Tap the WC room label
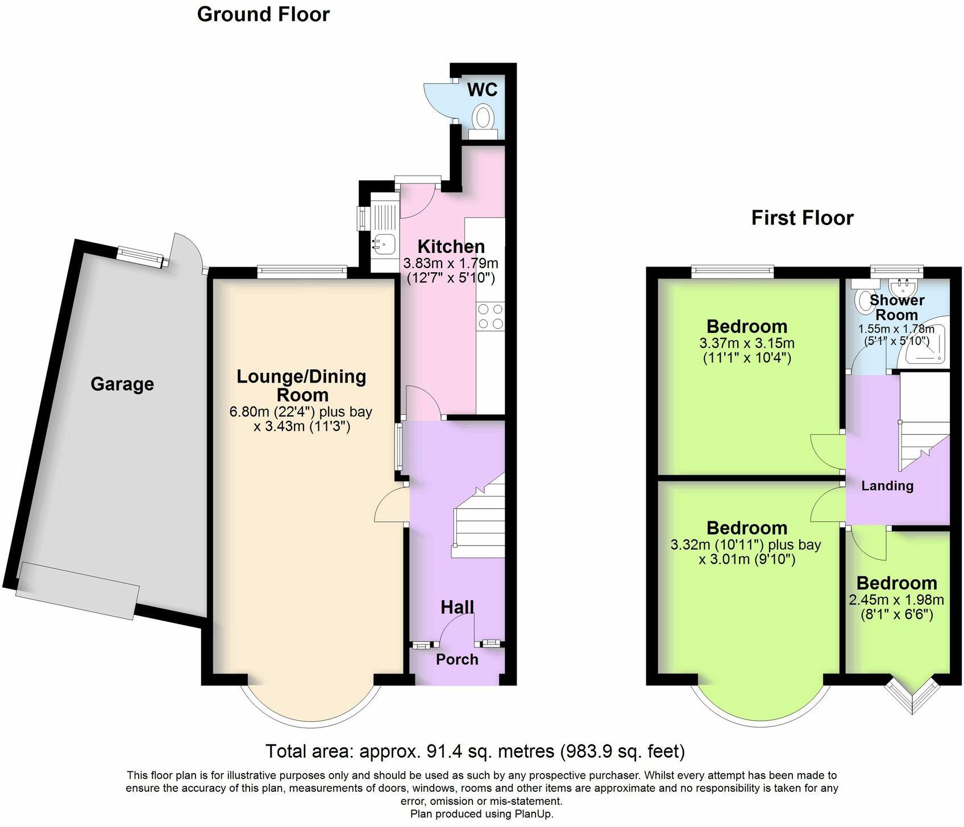pyautogui.click(x=482, y=90)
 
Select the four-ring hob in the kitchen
pyautogui.click(x=490, y=317)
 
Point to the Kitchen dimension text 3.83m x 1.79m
pyautogui.click(x=450, y=263)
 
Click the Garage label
pyautogui.click(x=122, y=384)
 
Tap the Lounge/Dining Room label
pyautogui.click(x=301, y=385)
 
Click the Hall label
pyautogui.click(x=457, y=607)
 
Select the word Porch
pyautogui.click(x=457, y=659)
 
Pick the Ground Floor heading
pyautogui.click(x=263, y=14)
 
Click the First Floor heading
pyautogui.click(x=802, y=218)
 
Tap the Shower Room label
pyautogui.click(x=897, y=307)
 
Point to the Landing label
pyautogui.click(x=887, y=485)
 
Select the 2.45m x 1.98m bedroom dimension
pyautogui.click(x=896, y=600)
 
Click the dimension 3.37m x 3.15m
pyautogui.click(x=747, y=343)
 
